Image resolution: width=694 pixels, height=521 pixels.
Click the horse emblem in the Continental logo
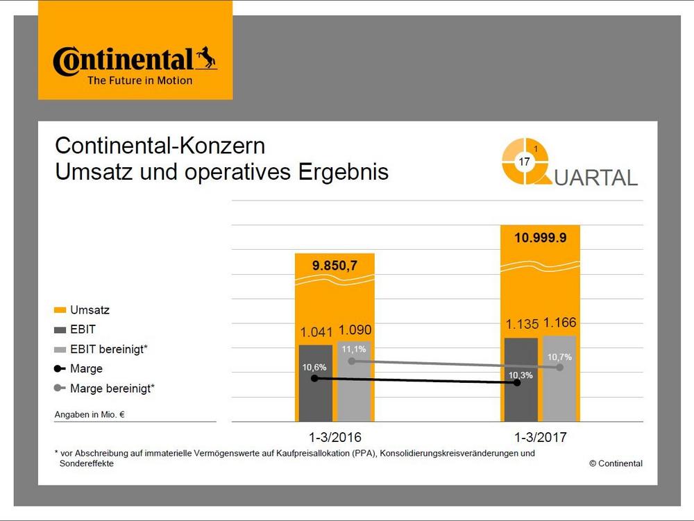205,58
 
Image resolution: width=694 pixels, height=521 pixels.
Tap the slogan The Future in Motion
139,80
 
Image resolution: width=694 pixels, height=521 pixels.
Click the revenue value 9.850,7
335,265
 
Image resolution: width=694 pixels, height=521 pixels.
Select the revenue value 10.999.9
541,238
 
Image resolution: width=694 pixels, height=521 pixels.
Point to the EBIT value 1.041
315,331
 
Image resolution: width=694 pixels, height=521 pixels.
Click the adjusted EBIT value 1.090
355,331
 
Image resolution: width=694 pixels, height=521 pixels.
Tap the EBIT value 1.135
520,324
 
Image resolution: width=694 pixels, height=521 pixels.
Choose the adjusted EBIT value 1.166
560,323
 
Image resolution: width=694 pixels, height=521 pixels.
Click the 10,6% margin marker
315,378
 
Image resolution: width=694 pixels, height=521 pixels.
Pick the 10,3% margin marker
519,382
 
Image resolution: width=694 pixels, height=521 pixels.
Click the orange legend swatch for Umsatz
60,310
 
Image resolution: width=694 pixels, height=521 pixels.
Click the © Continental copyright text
616,463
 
